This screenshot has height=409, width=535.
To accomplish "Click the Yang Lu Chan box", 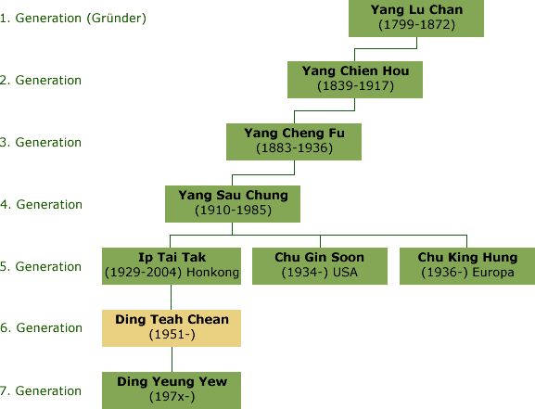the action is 416,19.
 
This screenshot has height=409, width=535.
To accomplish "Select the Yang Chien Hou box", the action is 355,80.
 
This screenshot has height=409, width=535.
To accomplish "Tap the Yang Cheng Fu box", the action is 294,142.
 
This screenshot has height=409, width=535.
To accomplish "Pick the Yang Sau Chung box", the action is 233,204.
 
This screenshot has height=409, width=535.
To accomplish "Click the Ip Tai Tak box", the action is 172,266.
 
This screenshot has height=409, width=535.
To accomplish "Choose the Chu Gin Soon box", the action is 320,266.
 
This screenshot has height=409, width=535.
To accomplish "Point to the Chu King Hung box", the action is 467,266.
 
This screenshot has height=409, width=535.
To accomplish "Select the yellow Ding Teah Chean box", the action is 172,328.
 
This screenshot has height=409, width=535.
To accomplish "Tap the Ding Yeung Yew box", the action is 172,390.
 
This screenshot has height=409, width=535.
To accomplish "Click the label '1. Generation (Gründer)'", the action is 73,19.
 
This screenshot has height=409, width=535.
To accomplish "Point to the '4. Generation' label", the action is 42,204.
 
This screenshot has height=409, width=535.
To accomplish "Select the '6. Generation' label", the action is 42,327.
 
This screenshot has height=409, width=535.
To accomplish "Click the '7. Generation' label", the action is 41,390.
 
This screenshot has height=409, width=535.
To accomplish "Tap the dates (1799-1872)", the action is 416,25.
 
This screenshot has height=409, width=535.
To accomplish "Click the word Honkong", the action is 212,273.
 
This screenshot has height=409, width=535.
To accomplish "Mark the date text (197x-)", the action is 172,396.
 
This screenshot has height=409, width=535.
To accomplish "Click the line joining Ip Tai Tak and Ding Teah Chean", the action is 171,297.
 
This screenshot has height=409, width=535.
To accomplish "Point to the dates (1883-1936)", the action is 294,148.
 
